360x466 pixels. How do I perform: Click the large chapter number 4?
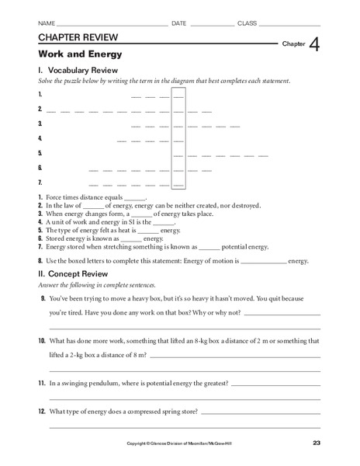(313, 46)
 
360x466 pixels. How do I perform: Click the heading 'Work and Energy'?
(71, 54)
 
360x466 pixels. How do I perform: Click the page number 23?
(317, 443)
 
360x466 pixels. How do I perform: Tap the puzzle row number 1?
(39, 95)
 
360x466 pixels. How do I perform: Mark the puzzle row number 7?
(39, 183)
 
